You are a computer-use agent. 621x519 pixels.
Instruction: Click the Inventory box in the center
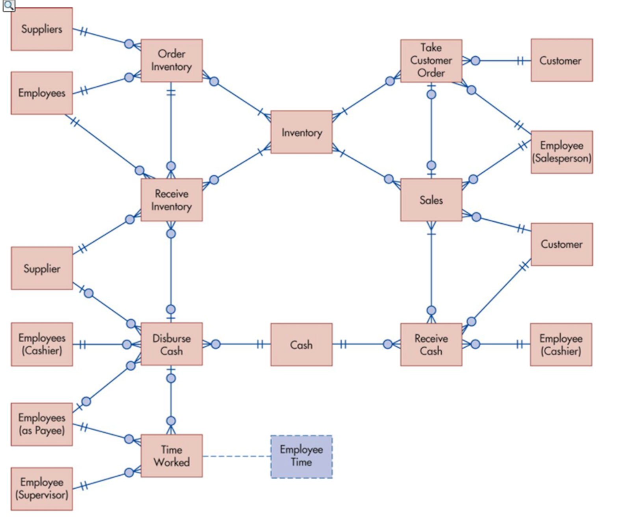click(301, 132)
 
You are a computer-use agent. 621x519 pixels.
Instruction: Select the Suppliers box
click(42, 29)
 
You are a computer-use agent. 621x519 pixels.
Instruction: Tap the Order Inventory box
click(171, 60)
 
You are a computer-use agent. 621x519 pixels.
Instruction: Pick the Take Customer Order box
click(431, 60)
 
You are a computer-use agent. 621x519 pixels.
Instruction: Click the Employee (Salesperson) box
click(562, 152)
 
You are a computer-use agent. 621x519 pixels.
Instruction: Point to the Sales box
click(431, 200)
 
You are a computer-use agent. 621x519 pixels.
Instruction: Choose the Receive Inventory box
click(171, 200)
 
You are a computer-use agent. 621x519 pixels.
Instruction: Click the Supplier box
click(42, 268)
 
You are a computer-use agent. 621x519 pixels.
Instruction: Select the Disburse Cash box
click(171, 344)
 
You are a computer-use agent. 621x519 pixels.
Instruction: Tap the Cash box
click(301, 345)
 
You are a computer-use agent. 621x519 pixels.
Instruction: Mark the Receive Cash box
click(431, 345)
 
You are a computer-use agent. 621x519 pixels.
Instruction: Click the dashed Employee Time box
click(301, 456)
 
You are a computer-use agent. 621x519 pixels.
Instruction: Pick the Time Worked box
click(171, 456)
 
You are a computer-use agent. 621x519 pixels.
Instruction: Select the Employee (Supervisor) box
click(42, 489)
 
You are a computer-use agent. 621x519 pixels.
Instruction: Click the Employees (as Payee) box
click(42, 424)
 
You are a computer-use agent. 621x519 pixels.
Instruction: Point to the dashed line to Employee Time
click(236, 456)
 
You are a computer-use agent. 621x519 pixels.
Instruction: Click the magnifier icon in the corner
click(9, 6)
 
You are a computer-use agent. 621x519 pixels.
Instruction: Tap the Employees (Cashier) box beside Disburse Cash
click(42, 344)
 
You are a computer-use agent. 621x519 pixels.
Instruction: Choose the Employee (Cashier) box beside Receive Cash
click(561, 345)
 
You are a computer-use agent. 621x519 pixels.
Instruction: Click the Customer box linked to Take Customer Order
click(562, 60)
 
